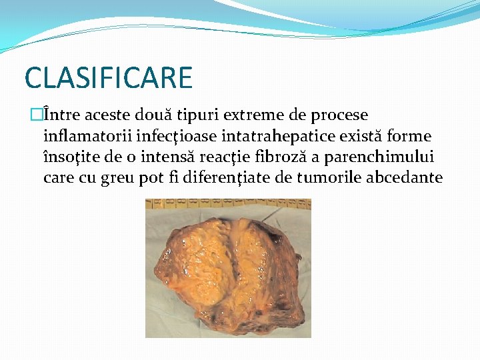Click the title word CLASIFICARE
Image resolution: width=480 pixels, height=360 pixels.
pyautogui.click(x=108, y=77)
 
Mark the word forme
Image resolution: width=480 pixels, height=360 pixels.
pyautogui.click(x=410, y=137)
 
